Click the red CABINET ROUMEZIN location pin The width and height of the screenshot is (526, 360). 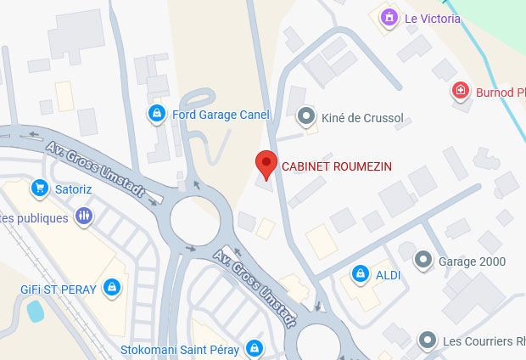click(x=266, y=165)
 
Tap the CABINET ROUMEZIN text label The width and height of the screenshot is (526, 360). click(x=337, y=166)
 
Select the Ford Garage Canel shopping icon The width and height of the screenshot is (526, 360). click(x=156, y=113)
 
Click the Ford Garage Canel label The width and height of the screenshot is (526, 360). click(x=221, y=115)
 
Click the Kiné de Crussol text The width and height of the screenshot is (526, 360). click(x=363, y=117)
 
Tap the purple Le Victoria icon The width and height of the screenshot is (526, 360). click(x=389, y=17)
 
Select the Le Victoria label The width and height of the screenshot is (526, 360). click(x=433, y=19)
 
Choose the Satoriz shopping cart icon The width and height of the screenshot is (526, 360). click(x=38, y=187)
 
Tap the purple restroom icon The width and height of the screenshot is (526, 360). click(x=83, y=217)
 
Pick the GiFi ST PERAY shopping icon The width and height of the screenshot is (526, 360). click(x=111, y=288)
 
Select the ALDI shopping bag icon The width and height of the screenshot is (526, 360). click(x=360, y=274)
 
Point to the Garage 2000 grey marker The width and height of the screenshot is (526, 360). click(x=423, y=259)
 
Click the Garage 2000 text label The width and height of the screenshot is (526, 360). click(x=472, y=261)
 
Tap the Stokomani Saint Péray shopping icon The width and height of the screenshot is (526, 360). click(x=254, y=347)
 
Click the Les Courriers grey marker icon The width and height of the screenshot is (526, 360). click(x=428, y=340)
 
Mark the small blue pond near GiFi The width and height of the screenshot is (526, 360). click(x=36, y=312)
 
